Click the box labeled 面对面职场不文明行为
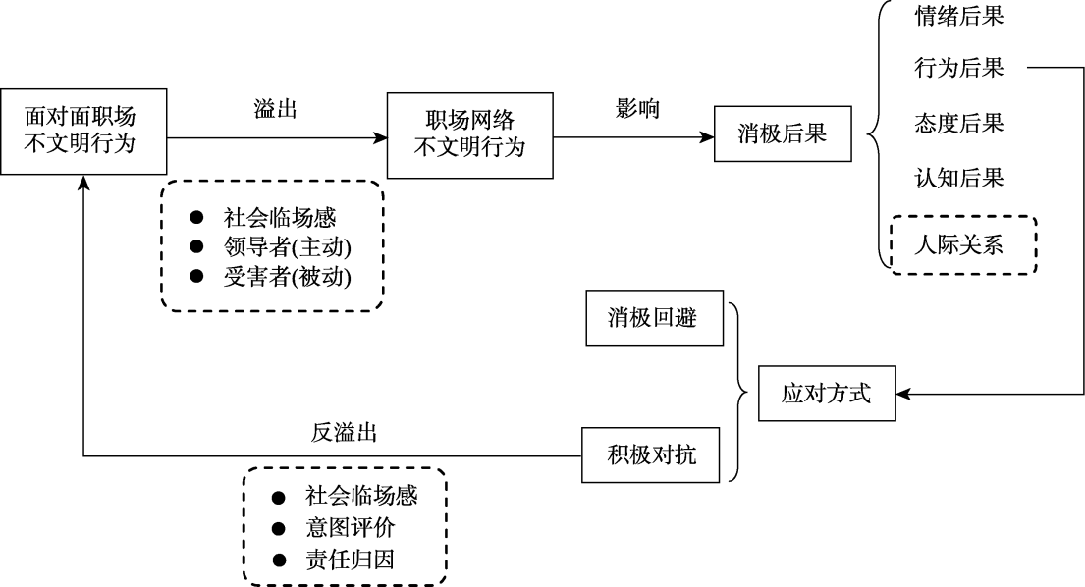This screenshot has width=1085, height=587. point(82,132)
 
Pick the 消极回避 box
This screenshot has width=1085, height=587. point(652,317)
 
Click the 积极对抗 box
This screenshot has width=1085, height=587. point(652,455)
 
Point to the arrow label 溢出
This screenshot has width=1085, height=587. point(276,110)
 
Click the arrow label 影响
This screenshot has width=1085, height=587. point(637,110)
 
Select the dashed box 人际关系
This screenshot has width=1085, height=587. point(961,243)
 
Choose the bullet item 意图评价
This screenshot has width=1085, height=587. point(350,528)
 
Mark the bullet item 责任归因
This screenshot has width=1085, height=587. point(350,560)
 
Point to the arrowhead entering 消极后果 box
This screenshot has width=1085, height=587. point(708,136)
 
